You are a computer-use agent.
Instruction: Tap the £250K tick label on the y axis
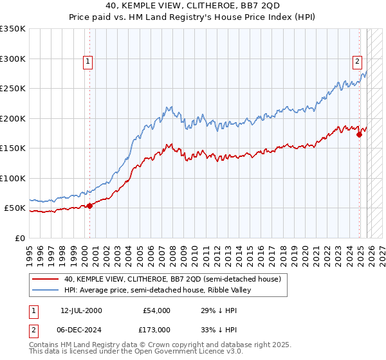point(13,89)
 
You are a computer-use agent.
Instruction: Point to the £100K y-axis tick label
point(13,178)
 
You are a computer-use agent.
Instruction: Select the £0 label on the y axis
point(20,238)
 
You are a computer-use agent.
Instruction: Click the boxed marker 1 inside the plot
point(88,62)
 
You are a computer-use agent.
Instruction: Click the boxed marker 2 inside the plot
point(356,62)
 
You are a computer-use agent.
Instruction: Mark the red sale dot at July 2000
point(89,206)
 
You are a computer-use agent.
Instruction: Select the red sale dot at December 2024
point(359,135)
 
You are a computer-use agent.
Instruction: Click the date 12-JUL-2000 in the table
point(81,310)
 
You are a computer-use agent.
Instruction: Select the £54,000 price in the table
point(156,310)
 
